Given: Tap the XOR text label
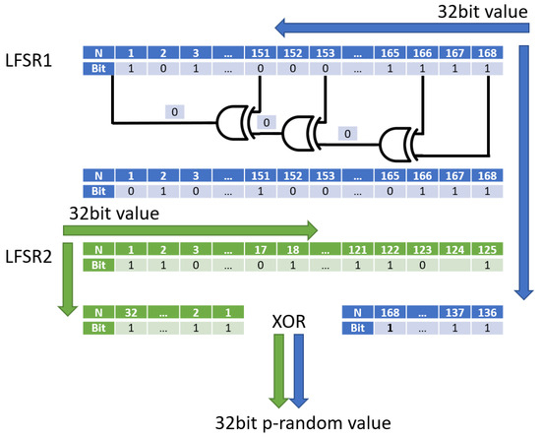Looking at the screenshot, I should pos(292,320).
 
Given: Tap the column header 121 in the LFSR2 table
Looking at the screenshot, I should pos(359,251).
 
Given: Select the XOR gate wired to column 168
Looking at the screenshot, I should pos(400,143).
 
